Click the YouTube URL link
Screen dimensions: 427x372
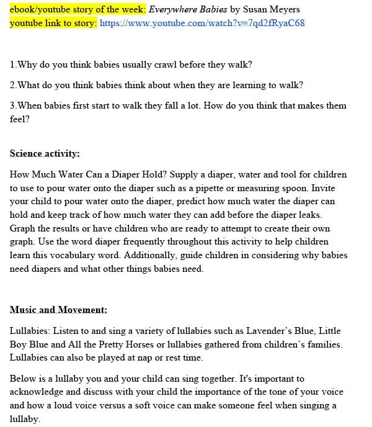[202, 23]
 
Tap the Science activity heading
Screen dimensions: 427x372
[45, 153]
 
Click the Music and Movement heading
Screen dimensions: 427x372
[58, 310]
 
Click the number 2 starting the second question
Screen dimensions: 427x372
[12, 85]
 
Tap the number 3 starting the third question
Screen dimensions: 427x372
[12, 106]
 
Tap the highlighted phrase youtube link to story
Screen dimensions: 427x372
[53, 23]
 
